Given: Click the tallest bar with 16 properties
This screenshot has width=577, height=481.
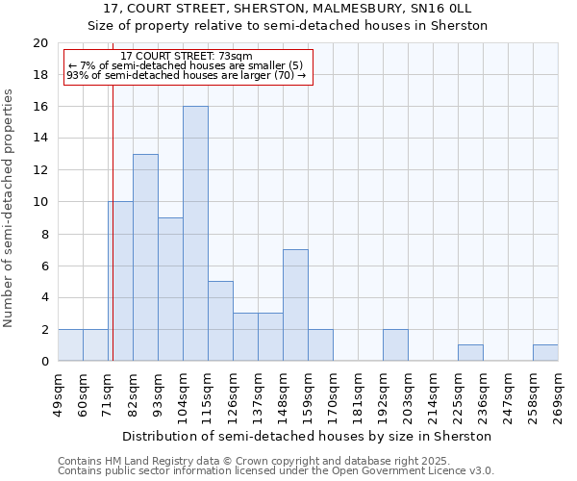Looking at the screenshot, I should pos(195,234).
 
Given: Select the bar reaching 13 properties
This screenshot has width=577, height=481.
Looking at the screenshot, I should pos(145,258).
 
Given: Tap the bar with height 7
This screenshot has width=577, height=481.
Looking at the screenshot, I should pos(295,305).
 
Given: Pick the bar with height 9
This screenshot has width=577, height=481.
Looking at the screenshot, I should pos(170,289).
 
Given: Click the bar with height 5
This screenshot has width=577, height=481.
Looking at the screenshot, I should pos(220,320).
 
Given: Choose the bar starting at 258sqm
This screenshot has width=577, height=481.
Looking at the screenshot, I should pos(545,353).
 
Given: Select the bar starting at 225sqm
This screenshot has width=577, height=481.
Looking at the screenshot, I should pos(470,353).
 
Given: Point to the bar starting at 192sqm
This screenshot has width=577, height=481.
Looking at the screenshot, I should pos(395,345).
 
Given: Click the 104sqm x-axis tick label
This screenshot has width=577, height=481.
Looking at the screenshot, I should pos(183,394).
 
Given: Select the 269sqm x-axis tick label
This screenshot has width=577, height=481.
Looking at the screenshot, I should pos(558,394).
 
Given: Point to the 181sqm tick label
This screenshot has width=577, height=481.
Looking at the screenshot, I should pos(358,394).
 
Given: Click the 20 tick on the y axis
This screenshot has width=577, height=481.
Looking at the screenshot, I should pos(40,43).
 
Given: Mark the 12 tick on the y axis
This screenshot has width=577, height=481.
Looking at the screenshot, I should pos(40,170).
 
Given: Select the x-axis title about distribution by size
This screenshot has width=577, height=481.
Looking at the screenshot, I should pos(308,436).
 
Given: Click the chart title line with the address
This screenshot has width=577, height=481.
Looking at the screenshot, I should pos(288,10).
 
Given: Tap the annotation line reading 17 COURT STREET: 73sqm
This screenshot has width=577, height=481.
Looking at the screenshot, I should pos(188,56).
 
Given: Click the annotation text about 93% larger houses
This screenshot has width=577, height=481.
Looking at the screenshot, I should pos(188,74).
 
